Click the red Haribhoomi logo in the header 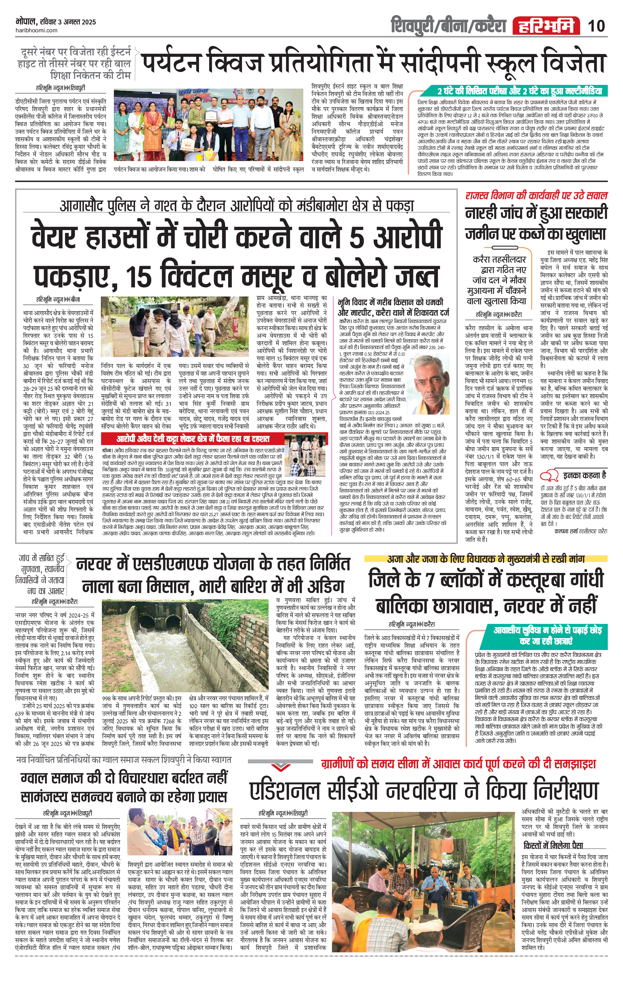click(546, 26)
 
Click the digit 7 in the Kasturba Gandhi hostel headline click(428, 579)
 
